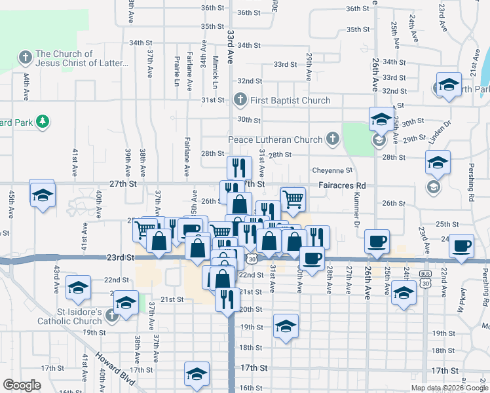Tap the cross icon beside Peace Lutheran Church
tap(333, 139)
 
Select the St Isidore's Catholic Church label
tap(69, 316)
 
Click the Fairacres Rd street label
tap(342, 185)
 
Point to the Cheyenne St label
tap(332, 170)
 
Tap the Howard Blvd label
tap(115, 369)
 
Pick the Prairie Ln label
tap(177, 71)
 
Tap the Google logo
tap(22, 385)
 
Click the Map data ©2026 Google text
tap(449, 388)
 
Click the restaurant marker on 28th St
tap(239, 167)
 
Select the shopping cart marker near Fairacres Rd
tap(293, 198)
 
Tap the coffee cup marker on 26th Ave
tap(377, 241)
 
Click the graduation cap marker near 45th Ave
tap(43, 195)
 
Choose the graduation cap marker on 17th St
tap(196, 373)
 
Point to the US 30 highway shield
tap(252, 260)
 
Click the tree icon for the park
tap(43, 121)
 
